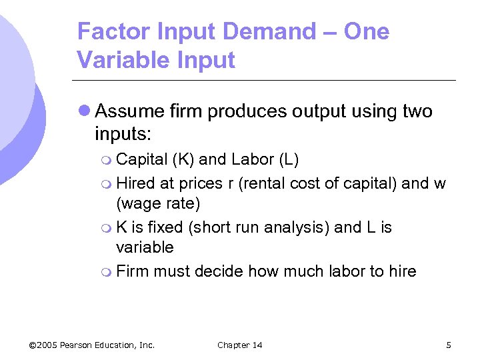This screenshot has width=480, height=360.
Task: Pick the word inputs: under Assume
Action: (123, 133)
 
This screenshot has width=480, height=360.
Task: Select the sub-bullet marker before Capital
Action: (108, 160)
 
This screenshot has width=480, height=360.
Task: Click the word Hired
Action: (135, 183)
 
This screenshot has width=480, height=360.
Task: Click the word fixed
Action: (167, 227)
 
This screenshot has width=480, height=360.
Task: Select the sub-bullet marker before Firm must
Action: (108, 272)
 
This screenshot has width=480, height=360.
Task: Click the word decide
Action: (220, 271)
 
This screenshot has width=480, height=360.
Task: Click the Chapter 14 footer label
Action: (240, 345)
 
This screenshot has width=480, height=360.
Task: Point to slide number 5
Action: (449, 345)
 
